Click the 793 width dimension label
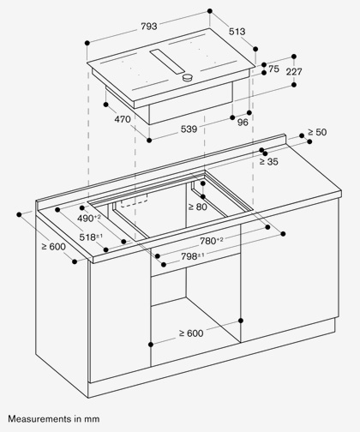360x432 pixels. (149, 27)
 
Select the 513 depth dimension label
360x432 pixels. (237, 32)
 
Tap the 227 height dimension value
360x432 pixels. (294, 71)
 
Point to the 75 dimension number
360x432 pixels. (273, 69)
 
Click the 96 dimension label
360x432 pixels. (243, 123)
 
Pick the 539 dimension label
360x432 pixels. (189, 129)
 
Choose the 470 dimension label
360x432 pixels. (123, 119)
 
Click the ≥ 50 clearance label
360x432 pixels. (317, 132)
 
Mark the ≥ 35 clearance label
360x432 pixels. (268, 162)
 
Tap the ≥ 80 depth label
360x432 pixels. (198, 207)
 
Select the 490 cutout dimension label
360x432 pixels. (89, 219)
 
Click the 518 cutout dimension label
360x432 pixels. (91, 237)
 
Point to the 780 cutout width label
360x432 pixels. (212, 241)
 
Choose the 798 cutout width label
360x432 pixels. (193, 256)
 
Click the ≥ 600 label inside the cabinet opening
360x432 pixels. (191, 333)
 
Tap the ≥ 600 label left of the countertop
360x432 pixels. (53, 246)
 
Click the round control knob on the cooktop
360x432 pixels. (188, 77)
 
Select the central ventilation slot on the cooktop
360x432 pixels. (167, 62)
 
